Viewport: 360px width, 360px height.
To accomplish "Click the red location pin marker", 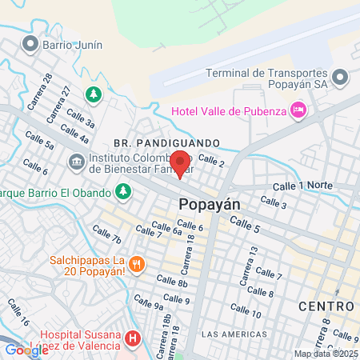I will [x=182, y=164].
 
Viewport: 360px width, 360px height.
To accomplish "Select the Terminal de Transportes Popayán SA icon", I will [x=341, y=78].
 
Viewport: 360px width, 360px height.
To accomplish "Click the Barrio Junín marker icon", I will [x=31, y=44].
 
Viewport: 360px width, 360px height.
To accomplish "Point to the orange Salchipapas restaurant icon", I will [x=136, y=262].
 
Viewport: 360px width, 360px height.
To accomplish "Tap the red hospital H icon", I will [x=133, y=340].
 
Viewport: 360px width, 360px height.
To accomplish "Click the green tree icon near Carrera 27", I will [x=94, y=95].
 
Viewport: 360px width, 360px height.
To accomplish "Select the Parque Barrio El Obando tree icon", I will [x=122, y=190].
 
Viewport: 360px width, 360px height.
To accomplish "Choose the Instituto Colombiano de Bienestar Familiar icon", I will [x=76, y=162].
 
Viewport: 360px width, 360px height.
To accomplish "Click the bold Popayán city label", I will [x=210, y=204].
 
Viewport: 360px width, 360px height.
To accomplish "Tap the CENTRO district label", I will [x=326, y=306].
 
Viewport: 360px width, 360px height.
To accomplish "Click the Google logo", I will [x=26, y=349].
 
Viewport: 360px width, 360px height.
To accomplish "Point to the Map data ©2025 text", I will [x=326, y=354].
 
